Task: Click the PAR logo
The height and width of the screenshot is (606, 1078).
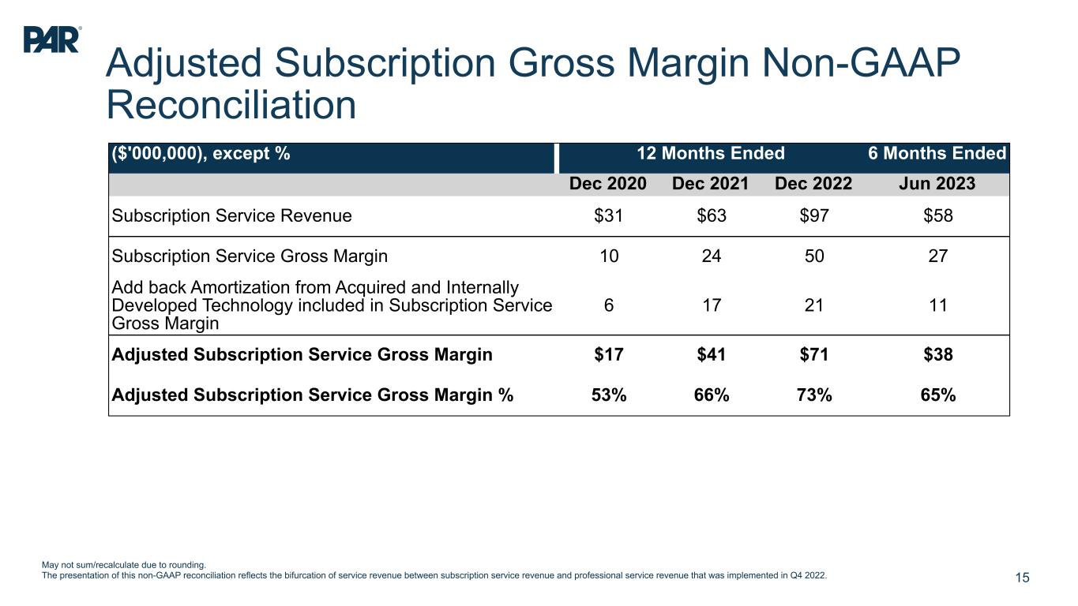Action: point(51,39)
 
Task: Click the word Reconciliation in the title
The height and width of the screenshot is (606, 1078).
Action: point(231,105)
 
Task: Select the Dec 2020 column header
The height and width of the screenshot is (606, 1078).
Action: point(608,184)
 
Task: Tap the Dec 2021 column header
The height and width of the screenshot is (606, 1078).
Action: point(710,184)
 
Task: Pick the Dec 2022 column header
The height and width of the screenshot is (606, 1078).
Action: point(813,184)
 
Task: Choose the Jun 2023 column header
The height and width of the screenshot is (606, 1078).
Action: point(937,184)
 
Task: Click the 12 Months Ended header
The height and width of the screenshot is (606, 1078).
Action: point(711,153)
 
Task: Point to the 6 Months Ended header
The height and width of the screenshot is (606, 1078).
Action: point(937,153)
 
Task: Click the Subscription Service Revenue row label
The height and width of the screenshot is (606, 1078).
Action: point(231,215)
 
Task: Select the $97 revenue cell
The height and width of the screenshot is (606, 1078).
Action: point(813,215)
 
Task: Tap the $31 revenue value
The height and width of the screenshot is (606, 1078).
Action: point(609,215)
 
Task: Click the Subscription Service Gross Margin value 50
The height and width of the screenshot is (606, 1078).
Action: point(813,256)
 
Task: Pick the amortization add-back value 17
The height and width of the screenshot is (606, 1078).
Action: point(711,306)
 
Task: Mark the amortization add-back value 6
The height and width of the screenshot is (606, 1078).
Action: point(609,306)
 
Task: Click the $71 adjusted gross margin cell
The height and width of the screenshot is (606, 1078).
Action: point(813,354)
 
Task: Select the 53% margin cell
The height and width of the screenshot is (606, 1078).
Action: point(609,395)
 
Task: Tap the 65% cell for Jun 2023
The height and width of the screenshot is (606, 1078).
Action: point(938,395)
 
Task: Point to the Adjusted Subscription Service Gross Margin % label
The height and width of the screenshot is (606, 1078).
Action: point(313,395)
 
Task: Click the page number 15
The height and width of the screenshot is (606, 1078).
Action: point(1022,578)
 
